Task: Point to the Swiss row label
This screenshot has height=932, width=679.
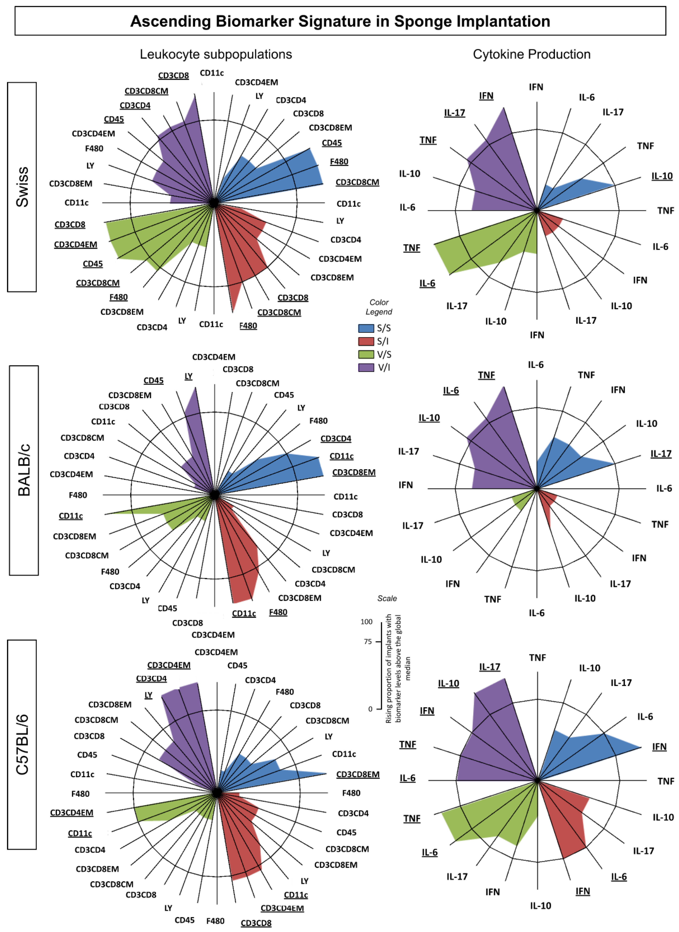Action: pos(22,187)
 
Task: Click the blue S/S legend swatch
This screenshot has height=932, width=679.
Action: pos(366,328)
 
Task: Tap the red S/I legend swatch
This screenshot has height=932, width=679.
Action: pos(366,341)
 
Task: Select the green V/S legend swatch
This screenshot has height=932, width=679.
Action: pos(366,354)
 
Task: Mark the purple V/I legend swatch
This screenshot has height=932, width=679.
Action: pos(366,367)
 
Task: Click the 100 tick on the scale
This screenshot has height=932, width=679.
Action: pos(367,622)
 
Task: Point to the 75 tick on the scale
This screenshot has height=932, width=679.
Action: pos(368,642)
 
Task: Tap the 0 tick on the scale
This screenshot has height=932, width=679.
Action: pos(370,709)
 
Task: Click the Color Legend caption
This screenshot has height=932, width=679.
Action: pos(379,307)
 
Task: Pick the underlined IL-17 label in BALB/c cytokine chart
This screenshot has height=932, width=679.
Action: pos(661,454)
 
